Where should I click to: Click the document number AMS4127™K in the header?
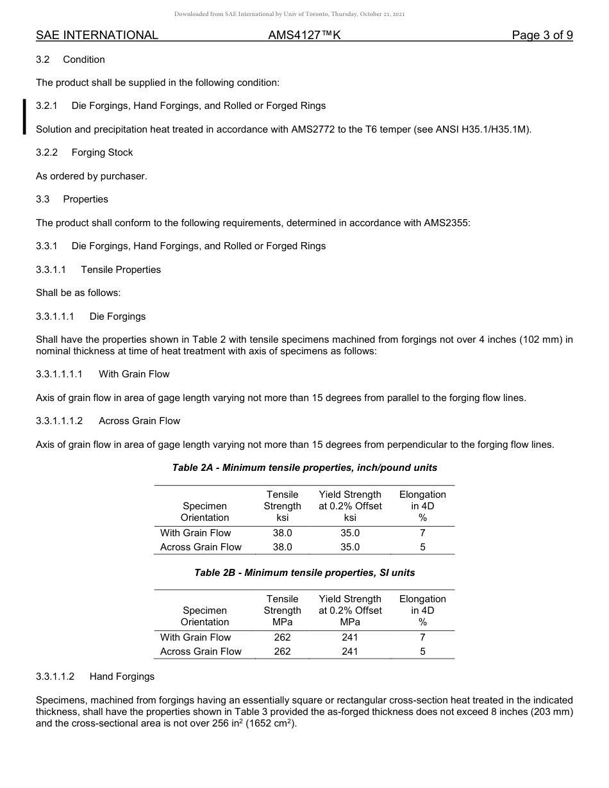click(x=304, y=35)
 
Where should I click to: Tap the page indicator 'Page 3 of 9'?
click(x=542, y=35)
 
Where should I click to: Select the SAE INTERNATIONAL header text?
click(x=97, y=35)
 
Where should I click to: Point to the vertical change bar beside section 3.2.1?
click(x=24, y=117)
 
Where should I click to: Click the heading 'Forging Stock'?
click(x=103, y=152)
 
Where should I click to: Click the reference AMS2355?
click(x=446, y=223)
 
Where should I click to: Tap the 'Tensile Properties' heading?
click(x=121, y=270)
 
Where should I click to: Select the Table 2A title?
click(x=304, y=468)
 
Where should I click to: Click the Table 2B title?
click(x=304, y=572)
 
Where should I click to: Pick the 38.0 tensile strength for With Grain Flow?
click(x=282, y=533)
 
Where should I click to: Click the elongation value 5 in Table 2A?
click(x=422, y=547)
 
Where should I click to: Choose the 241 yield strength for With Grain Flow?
click(x=350, y=637)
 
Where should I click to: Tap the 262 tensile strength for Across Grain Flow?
click(x=282, y=652)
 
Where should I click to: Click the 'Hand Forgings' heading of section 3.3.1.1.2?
click(x=122, y=677)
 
